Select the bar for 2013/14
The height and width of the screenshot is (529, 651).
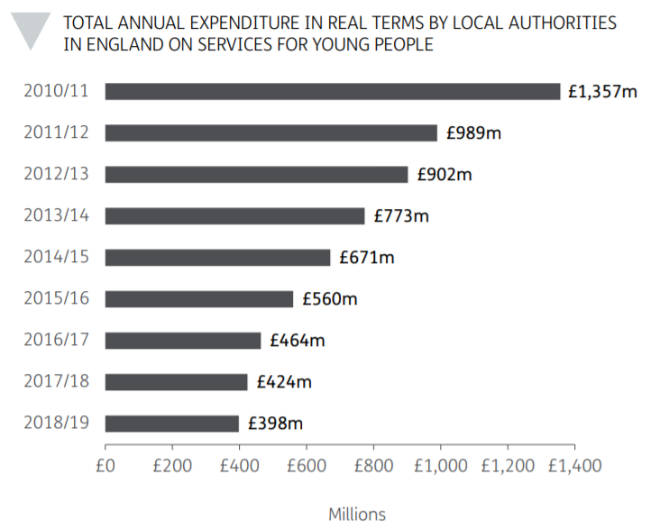point(234,215)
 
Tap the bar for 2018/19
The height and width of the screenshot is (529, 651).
point(171,423)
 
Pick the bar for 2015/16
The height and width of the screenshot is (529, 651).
point(198,298)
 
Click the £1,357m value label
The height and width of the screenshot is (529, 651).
point(602,91)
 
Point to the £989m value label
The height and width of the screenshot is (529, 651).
point(472,133)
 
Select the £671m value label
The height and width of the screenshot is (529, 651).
point(367,258)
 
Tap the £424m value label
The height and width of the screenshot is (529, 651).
point(284,382)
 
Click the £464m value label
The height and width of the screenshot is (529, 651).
point(298,341)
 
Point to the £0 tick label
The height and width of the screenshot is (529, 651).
point(105,466)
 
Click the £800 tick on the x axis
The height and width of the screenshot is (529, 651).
point(374,466)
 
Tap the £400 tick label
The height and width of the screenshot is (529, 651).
point(240,466)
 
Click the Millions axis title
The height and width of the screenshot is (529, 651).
point(357,515)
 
